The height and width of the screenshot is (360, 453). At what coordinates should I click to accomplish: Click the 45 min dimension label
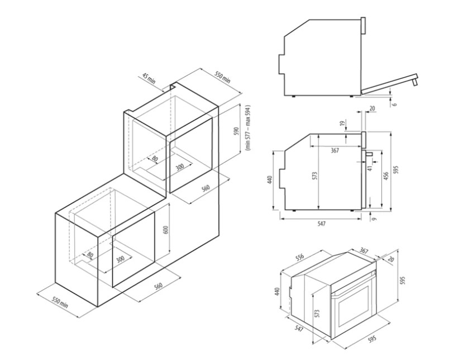tap(149, 79)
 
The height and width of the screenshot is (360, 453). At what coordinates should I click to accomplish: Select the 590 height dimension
tap(236, 132)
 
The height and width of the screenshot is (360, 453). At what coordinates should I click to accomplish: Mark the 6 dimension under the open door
tap(394, 103)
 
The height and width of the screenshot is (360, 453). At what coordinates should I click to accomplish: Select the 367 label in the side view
tap(335, 150)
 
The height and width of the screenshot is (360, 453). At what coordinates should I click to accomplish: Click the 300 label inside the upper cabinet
tap(180, 166)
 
